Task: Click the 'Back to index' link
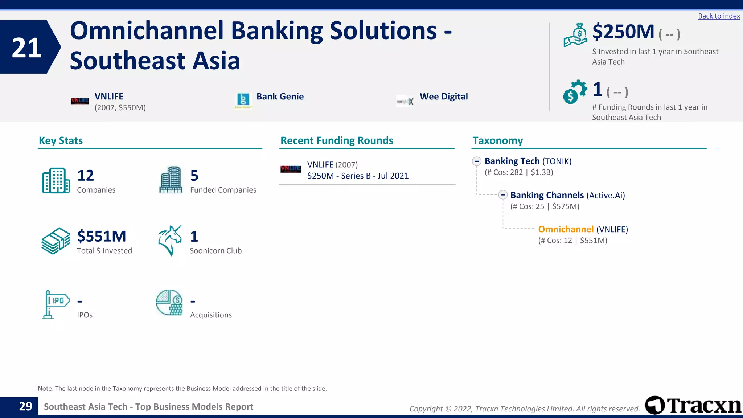click(719, 16)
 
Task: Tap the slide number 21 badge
click(27, 48)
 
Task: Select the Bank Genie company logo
click(243, 100)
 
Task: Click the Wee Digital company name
click(443, 97)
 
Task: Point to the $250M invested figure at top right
click(623, 32)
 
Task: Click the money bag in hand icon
click(575, 35)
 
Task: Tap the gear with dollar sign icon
click(575, 92)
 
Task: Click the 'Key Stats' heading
click(61, 141)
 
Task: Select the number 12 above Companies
click(85, 176)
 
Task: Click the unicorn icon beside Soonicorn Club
click(170, 240)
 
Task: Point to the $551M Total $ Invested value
click(102, 237)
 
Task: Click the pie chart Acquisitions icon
click(169, 303)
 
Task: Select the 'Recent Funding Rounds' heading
click(337, 141)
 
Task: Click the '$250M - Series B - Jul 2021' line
click(358, 176)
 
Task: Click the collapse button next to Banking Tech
click(477, 161)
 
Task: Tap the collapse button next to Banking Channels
click(502, 195)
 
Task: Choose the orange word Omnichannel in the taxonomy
click(566, 229)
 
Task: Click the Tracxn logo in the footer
click(693, 405)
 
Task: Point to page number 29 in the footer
click(25, 406)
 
